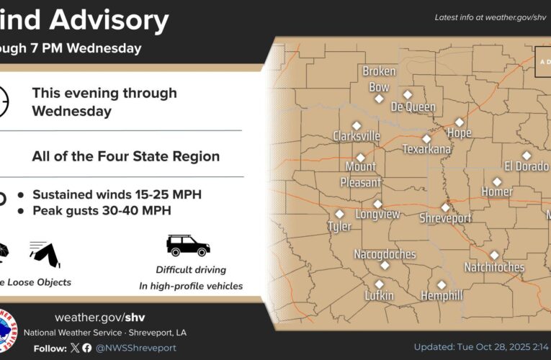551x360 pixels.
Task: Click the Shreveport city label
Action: [445, 218]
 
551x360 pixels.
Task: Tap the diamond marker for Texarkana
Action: [426, 139]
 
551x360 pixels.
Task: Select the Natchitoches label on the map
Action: [494, 267]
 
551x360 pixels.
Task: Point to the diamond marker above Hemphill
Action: [442, 285]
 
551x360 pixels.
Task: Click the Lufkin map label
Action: [379, 296]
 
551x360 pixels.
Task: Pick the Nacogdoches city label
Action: [385, 254]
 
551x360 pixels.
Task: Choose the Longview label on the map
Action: [378, 215]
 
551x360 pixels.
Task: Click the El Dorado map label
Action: [527, 166]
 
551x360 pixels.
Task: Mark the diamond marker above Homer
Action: [497, 181]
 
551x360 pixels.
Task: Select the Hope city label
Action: [459, 133]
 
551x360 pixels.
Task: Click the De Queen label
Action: [413, 107]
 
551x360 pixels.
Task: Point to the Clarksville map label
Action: [356, 136]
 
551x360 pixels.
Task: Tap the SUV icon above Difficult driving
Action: [188, 245]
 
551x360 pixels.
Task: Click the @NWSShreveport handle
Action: [135, 348]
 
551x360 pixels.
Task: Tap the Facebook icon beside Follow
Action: [87, 348]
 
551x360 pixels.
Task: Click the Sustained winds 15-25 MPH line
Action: [117, 194]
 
